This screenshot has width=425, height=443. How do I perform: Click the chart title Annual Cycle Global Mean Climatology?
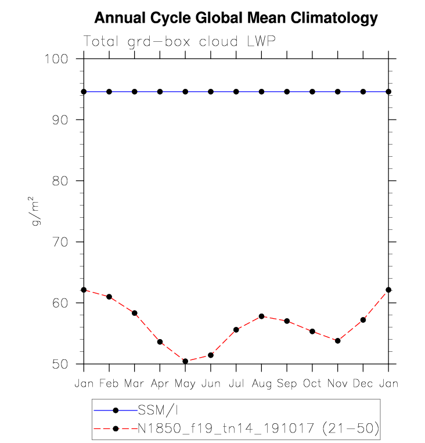pos(236,18)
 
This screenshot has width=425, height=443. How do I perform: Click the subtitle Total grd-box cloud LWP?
pos(179,41)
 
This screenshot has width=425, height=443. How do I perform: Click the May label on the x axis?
pos(185,384)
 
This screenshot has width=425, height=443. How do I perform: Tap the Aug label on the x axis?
pos(261,384)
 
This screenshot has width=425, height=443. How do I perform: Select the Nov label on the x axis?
pos(337,384)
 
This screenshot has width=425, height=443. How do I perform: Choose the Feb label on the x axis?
pos(109,384)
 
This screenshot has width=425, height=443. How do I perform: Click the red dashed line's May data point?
pos(185,361)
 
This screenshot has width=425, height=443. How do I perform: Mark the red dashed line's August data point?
pos(261,316)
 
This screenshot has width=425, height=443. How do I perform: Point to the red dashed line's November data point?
pos(337,341)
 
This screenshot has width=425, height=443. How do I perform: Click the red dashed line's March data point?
pos(135,313)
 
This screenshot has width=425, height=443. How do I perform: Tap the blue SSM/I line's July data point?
pos(236,92)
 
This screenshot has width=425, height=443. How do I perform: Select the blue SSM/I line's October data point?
pos(312,92)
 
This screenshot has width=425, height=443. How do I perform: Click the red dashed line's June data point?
pos(211,355)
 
